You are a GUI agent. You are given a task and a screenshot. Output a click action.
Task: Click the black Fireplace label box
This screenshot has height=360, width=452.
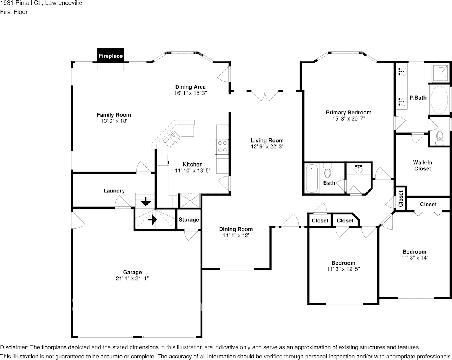click(x=110, y=55)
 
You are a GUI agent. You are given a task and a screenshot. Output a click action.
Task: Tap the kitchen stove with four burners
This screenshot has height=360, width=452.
click(x=222, y=146)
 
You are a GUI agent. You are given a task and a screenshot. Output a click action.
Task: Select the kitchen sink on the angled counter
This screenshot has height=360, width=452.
click(x=172, y=138)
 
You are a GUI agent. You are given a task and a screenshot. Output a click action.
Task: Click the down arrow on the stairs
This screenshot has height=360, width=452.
click(x=146, y=201)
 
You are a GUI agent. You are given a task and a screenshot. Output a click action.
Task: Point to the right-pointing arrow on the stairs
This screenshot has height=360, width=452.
click(x=152, y=220)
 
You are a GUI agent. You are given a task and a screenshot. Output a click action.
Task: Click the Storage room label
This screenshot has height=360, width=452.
click(x=189, y=220)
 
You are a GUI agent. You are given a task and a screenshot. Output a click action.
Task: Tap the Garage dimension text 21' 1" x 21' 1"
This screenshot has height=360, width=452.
click(x=132, y=278)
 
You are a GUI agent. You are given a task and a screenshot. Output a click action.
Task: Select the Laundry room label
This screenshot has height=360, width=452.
click(x=114, y=191)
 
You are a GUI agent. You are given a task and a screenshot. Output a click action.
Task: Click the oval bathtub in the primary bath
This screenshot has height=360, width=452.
click(x=439, y=99)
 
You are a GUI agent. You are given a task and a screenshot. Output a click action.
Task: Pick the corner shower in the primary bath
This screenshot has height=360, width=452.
click(x=441, y=73)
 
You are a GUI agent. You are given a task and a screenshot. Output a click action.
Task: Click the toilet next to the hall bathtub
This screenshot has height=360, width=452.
click(x=328, y=170)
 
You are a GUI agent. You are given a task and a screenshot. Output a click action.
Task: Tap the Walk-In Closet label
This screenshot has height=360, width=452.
click(x=423, y=166)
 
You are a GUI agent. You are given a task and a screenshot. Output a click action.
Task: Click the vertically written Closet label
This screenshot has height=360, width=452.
click(x=401, y=199)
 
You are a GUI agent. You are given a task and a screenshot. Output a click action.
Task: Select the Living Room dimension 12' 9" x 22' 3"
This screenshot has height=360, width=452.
click(x=267, y=147)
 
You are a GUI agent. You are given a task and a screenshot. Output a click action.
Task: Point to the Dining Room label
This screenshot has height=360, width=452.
click(x=236, y=229)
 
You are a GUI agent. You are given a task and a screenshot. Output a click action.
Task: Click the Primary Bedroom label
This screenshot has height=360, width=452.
click(x=349, y=112)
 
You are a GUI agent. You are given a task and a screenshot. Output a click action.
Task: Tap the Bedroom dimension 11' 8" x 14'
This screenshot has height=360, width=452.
click(x=415, y=258)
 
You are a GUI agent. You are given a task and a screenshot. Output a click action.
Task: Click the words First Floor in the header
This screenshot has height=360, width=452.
click(x=14, y=12)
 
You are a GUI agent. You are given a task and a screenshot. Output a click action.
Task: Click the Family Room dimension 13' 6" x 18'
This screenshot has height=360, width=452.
click(x=114, y=121)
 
